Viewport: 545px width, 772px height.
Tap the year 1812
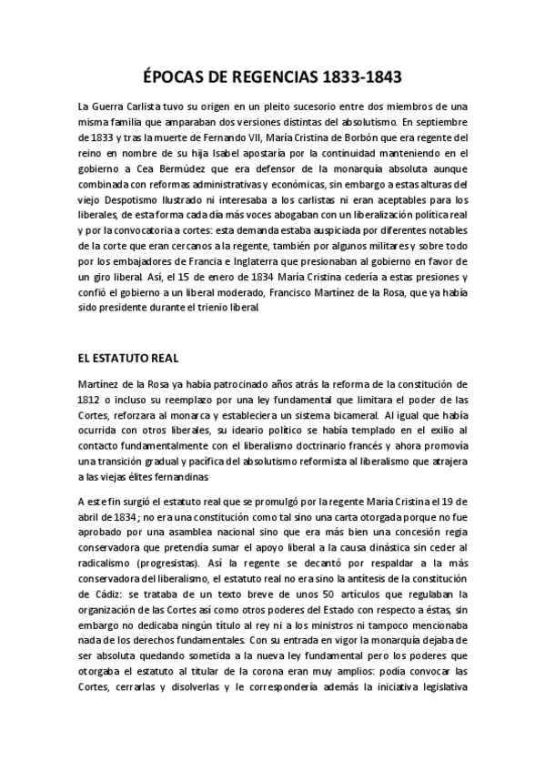click(x=92, y=397)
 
